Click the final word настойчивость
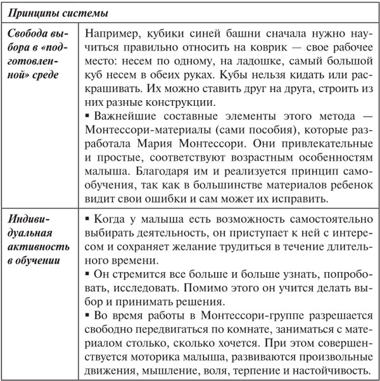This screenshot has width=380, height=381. tap(330, 371)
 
